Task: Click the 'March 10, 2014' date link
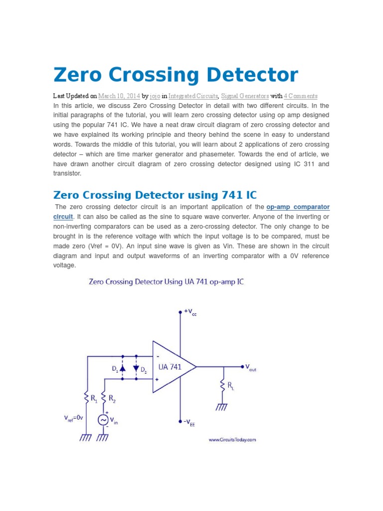[x=119, y=96]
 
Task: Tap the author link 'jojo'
[x=155, y=96]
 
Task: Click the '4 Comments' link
[x=300, y=96]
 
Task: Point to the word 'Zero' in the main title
[x=79, y=75]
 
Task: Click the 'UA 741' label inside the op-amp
[x=170, y=367]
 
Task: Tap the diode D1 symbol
[x=123, y=368]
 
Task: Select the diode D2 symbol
[x=136, y=368]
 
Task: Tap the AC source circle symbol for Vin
[x=104, y=421]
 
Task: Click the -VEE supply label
[x=189, y=422]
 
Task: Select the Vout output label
[x=250, y=367]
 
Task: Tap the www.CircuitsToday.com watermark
[x=232, y=440]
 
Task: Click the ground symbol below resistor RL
[x=222, y=407]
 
